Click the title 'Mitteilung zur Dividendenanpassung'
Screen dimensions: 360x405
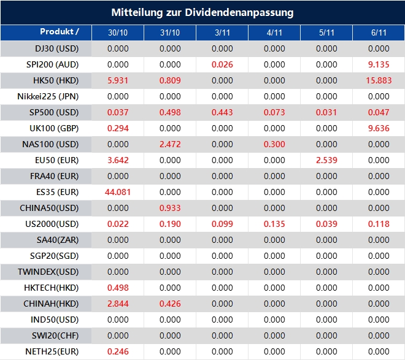click(x=202, y=12)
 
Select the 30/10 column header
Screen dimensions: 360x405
click(x=118, y=33)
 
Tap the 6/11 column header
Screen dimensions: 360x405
click(x=379, y=33)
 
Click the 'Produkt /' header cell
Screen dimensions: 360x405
click(x=60, y=32)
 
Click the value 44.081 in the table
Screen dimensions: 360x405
click(x=118, y=192)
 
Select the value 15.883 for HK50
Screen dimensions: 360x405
click(x=379, y=80)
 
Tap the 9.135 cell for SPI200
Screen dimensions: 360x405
click(x=379, y=64)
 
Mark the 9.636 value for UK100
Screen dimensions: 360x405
click(x=379, y=128)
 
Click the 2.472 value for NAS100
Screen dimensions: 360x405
click(x=170, y=144)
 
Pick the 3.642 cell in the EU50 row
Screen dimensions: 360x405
click(x=118, y=160)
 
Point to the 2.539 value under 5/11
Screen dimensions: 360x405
click(x=326, y=160)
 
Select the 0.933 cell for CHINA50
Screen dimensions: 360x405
click(x=170, y=208)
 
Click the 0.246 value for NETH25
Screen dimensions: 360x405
click(x=118, y=351)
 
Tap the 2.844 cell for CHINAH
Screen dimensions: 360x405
click(x=118, y=304)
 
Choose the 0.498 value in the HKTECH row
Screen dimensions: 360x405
click(x=118, y=288)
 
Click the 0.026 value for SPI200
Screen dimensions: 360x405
click(x=222, y=64)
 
